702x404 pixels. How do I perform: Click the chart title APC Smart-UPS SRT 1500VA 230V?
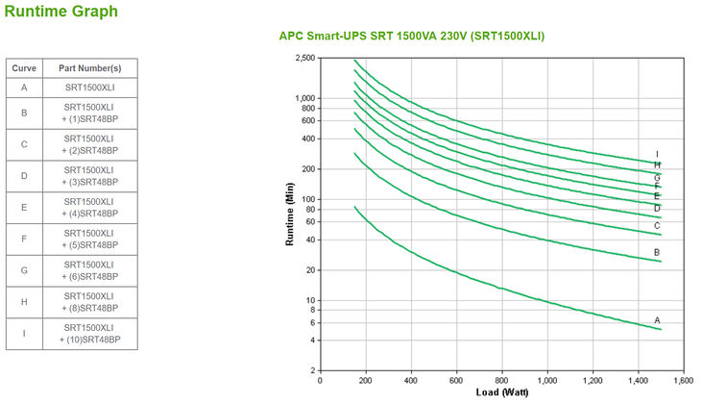tap(411, 36)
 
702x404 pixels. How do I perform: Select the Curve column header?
tap(23, 68)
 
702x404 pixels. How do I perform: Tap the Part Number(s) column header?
tap(90, 68)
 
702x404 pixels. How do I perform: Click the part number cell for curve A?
tap(90, 88)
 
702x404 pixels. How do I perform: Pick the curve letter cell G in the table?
tap(23, 270)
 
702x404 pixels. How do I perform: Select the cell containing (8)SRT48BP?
tap(90, 302)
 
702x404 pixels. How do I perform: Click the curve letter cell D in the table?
tap(23, 175)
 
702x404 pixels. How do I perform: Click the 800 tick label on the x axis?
tap(502, 381)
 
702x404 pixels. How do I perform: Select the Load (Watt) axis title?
tap(502, 392)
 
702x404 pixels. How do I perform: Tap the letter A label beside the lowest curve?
tap(657, 319)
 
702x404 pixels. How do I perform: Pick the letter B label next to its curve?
tap(657, 252)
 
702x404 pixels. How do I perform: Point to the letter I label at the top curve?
tap(657, 154)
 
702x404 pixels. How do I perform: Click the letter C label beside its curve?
tap(657, 226)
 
